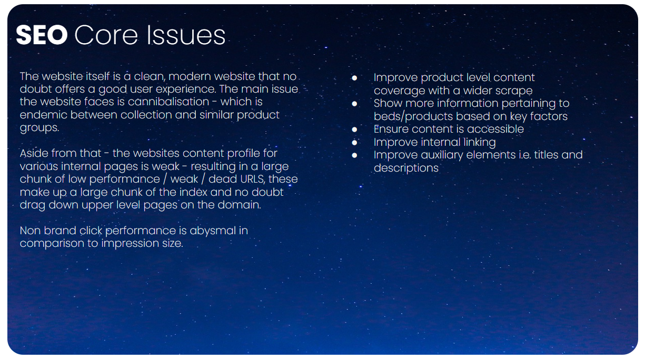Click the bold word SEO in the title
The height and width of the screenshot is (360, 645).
(x=42, y=35)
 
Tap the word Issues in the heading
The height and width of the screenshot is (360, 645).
(x=186, y=35)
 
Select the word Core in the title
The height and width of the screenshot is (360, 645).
(x=106, y=35)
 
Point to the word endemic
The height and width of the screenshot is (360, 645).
(x=43, y=115)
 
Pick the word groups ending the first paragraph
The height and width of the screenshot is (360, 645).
(x=39, y=128)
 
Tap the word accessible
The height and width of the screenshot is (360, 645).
(x=495, y=129)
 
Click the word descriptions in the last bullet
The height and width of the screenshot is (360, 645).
(x=406, y=168)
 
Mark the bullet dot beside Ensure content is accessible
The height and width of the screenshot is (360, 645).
(x=354, y=129)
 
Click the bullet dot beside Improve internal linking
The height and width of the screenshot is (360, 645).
(x=354, y=143)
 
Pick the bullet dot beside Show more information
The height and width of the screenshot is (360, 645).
(x=354, y=104)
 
